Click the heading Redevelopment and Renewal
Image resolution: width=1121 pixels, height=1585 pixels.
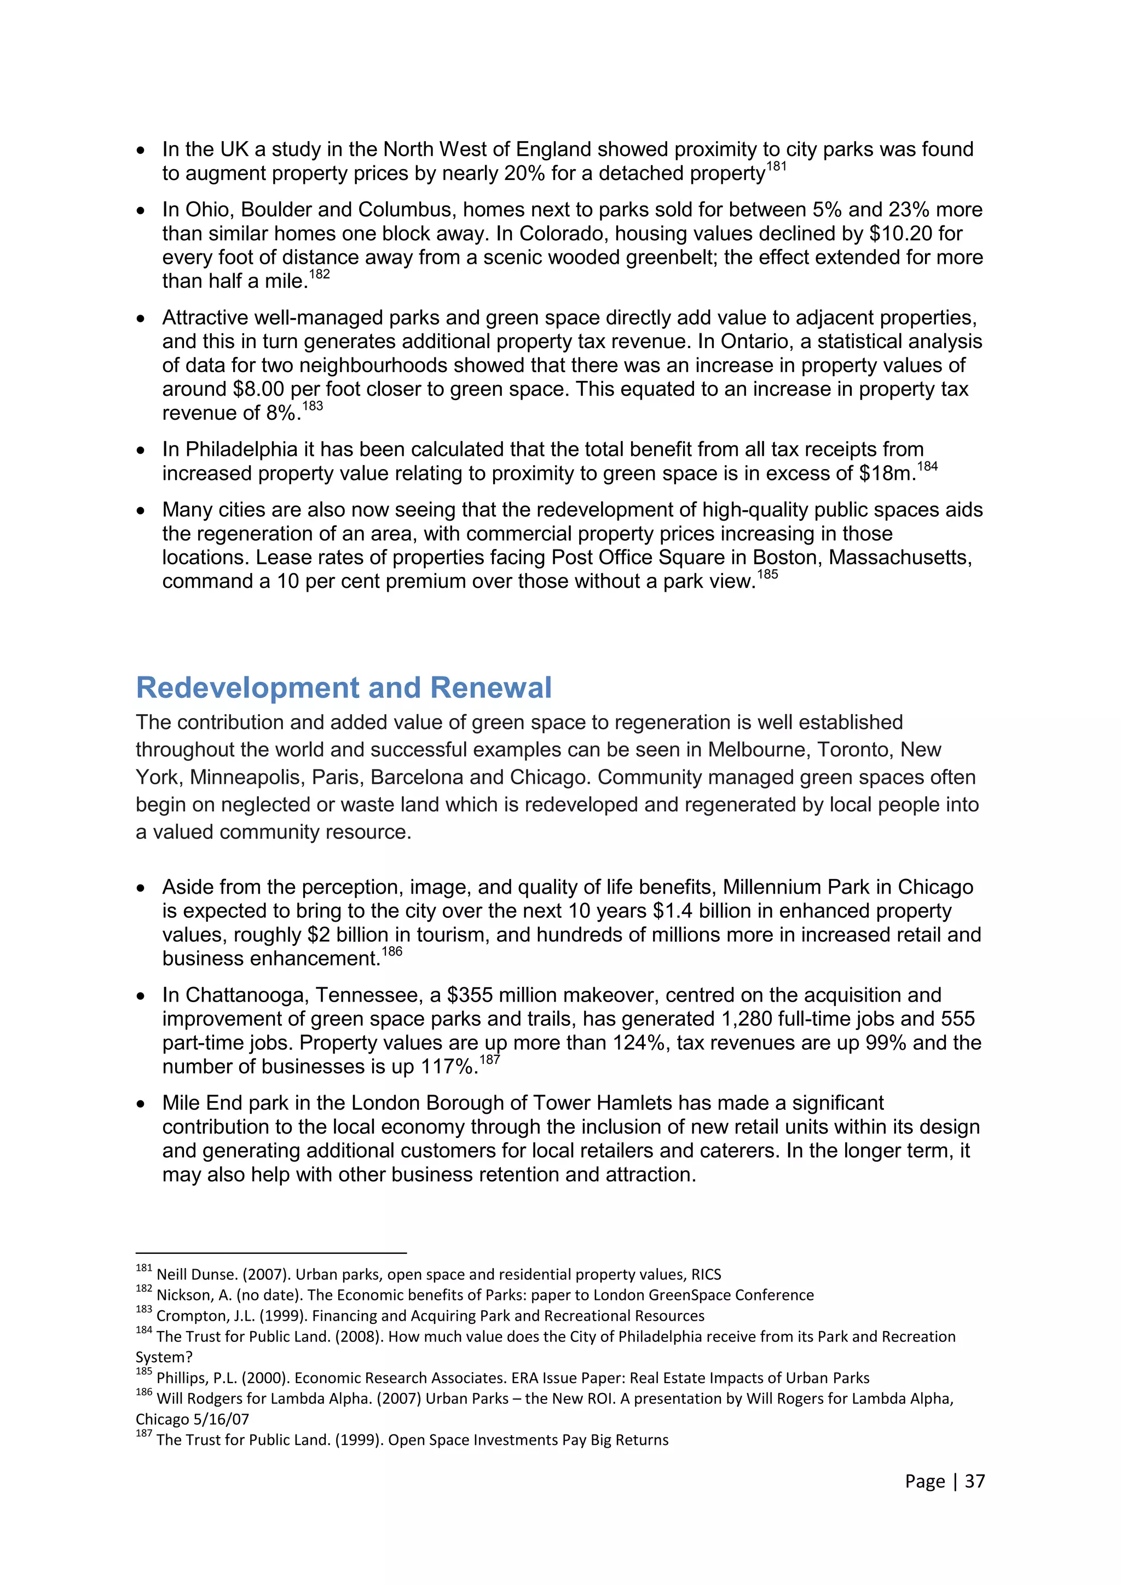(344, 687)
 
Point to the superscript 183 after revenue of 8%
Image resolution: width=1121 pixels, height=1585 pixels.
(313, 406)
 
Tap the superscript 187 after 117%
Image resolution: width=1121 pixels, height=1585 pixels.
(489, 1060)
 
